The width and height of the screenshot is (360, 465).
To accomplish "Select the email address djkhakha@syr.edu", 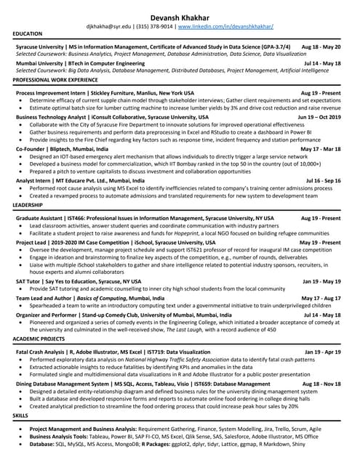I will (104, 26).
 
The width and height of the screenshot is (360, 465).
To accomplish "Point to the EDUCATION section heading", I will (28, 34).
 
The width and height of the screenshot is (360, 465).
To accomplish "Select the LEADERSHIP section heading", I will (28, 206).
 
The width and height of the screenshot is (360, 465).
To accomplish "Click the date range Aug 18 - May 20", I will (321, 46).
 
